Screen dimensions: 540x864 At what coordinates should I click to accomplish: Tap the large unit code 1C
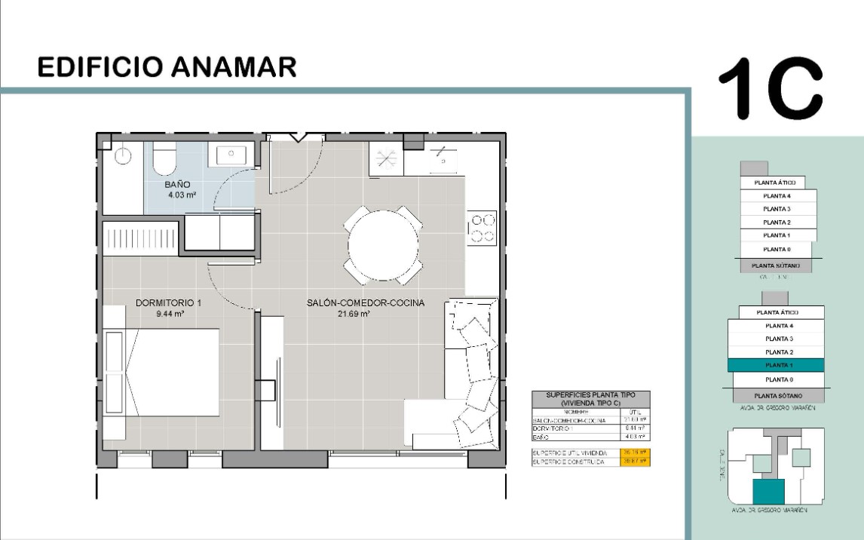[769, 88]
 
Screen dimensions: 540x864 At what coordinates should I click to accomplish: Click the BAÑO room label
[178, 184]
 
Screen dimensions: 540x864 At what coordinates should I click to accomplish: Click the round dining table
[383, 244]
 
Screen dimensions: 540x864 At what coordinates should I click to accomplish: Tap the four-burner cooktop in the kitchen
[483, 229]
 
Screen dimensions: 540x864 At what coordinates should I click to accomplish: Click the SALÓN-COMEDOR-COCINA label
[366, 302]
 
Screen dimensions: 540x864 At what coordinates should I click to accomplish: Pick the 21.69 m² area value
[354, 314]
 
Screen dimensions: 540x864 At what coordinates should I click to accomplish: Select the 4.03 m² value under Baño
[182, 195]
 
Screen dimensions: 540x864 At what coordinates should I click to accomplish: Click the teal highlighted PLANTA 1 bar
[776, 365]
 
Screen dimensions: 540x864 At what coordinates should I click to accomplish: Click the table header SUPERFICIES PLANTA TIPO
[590, 394]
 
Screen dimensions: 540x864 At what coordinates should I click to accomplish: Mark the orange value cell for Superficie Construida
[635, 461]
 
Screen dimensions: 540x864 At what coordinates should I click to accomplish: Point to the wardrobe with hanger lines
[140, 238]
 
